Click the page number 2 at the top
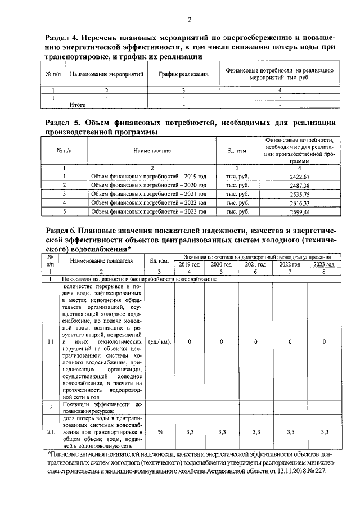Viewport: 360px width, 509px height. point(190,21)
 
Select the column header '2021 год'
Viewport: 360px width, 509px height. point(255,264)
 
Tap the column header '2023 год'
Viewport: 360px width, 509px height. point(324,264)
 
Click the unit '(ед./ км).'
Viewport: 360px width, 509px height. point(160,341)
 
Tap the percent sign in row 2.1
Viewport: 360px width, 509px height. point(160,431)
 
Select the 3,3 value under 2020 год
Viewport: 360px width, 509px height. point(222,431)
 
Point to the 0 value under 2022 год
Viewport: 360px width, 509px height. point(290,341)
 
